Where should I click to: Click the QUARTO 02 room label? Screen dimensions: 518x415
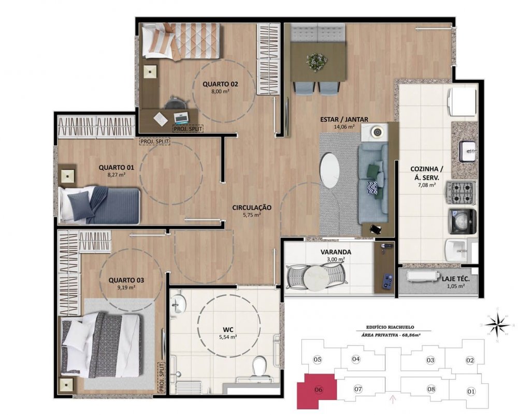220,84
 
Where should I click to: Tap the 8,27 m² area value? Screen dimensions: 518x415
116,175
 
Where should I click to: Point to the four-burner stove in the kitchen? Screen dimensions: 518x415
462,192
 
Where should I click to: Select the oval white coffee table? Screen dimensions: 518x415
329,170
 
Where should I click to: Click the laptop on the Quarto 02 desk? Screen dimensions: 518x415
181,118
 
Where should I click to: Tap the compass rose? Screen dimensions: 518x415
497,325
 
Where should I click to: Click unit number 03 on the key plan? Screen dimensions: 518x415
430,360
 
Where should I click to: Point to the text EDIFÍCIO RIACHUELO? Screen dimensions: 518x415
390,327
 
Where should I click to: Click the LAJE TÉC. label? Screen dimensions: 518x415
455,279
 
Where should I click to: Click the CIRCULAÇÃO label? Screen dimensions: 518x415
252,207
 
